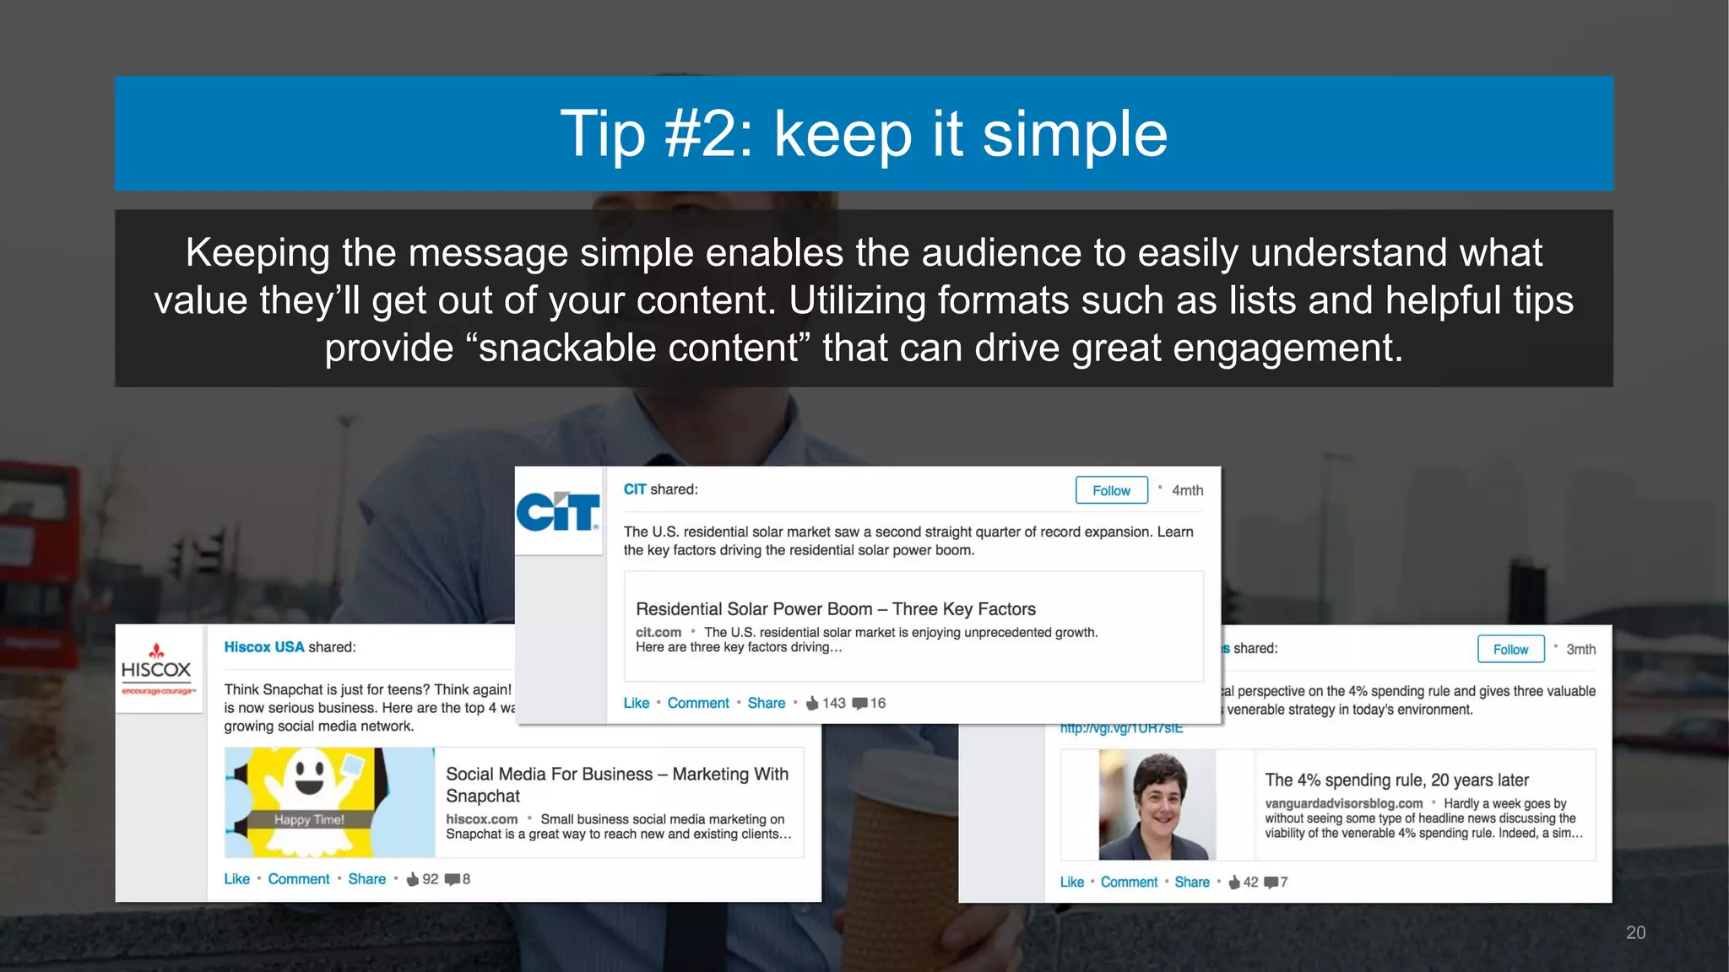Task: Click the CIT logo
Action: [x=558, y=511]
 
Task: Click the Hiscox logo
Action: [x=157, y=670]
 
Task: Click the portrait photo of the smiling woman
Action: [x=1156, y=805]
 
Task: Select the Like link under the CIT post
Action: [x=637, y=703]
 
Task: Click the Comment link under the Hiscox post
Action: [x=299, y=878]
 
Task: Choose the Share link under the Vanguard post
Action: [x=1192, y=882]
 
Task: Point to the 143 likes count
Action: [x=833, y=703]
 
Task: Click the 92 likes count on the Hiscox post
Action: [x=430, y=878]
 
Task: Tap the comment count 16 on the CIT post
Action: [x=878, y=703]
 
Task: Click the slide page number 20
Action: [x=1635, y=932]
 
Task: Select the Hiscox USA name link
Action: [x=263, y=647]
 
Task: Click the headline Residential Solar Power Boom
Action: [x=836, y=609]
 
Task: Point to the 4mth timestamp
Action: [x=1187, y=490]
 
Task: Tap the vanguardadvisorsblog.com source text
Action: [x=1343, y=803]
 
